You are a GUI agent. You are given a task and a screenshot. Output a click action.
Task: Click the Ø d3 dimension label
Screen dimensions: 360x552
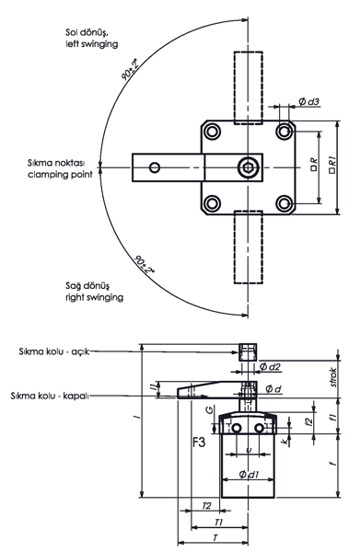308,101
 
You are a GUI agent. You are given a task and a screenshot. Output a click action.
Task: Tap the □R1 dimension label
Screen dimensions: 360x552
332,165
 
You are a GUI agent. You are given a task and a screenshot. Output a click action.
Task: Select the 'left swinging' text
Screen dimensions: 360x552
91,44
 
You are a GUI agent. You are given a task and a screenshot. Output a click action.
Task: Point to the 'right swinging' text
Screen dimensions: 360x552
95,297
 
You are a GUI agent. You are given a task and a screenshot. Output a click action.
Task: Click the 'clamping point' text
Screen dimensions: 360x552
60,174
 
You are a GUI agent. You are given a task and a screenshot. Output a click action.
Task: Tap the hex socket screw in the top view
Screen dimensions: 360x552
248,167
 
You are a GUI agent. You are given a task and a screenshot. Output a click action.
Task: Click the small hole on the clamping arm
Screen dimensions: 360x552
155,167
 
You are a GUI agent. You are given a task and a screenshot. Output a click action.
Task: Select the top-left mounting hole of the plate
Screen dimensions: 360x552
212,132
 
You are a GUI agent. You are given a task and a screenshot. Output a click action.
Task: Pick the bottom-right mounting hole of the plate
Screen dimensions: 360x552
284,203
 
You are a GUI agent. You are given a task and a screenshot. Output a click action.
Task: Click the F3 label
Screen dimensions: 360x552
199,442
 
